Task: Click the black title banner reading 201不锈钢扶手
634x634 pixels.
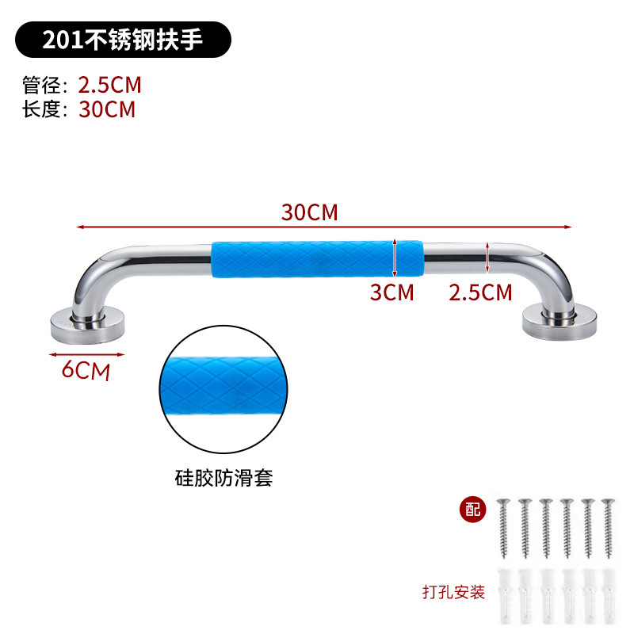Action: click(x=124, y=40)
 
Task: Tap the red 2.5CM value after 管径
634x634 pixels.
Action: click(x=110, y=85)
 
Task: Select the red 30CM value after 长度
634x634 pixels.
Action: click(x=107, y=109)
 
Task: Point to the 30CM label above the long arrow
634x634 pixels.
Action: click(x=309, y=212)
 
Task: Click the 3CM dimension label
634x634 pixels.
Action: click(x=391, y=292)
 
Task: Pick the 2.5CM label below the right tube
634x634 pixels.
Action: click(x=480, y=292)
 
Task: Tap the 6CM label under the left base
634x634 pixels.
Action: click(x=86, y=369)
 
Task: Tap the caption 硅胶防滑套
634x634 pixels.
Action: click(x=223, y=479)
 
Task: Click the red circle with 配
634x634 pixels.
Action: click(x=473, y=510)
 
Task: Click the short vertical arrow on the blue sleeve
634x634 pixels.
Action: click(x=395, y=256)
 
